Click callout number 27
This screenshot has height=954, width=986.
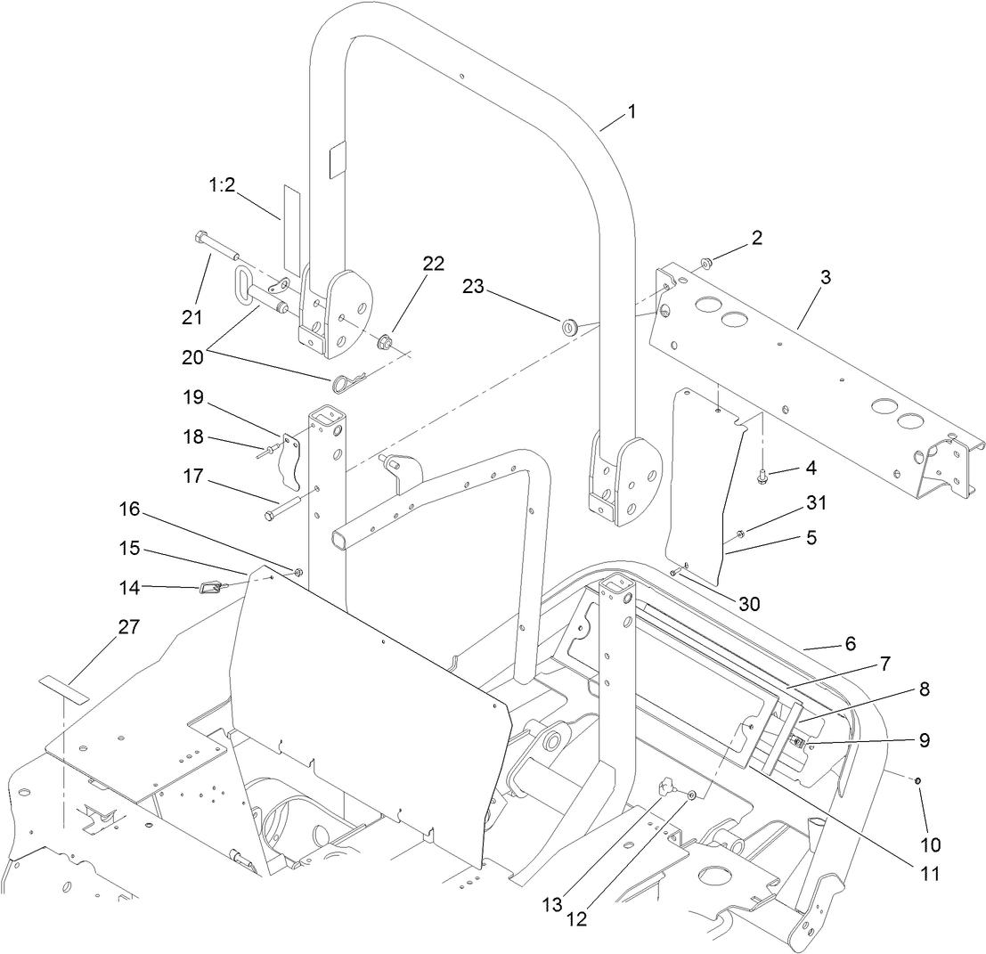click(128, 627)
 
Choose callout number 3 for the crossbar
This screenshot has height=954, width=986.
click(825, 277)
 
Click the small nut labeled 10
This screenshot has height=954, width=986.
click(917, 780)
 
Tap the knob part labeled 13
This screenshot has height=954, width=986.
click(667, 787)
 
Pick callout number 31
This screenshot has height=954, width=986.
click(816, 503)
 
